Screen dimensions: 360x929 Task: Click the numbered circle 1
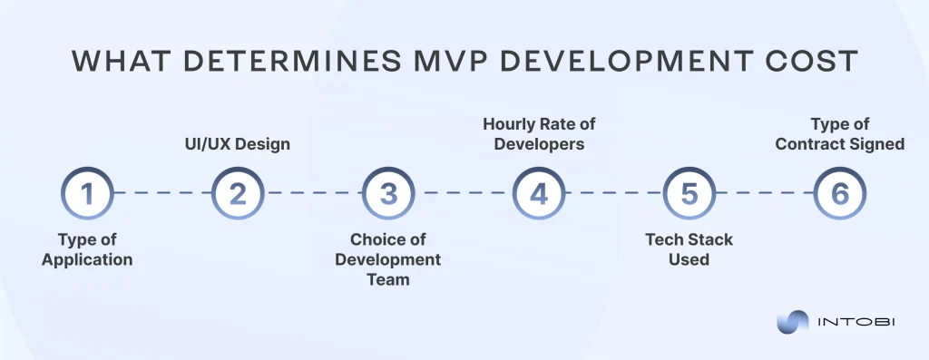tap(87, 194)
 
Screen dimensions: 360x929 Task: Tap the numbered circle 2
tap(237, 194)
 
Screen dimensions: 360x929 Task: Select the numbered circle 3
tap(387, 194)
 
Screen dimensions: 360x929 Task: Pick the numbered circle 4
tap(538, 194)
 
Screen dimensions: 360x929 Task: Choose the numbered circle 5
tap(689, 194)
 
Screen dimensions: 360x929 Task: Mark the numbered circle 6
tap(839, 194)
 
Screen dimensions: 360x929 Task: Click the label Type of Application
tap(87, 249)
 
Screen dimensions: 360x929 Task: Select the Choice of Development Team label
tap(387, 259)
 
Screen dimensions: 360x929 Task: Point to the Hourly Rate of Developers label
tap(539, 133)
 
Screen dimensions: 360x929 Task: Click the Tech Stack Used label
tap(689, 249)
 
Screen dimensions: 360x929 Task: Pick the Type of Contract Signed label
tap(839, 133)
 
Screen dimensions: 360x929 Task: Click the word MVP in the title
tap(404, 61)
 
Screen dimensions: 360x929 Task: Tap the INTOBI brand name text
tap(857, 322)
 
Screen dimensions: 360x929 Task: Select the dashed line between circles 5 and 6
tap(764, 194)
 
